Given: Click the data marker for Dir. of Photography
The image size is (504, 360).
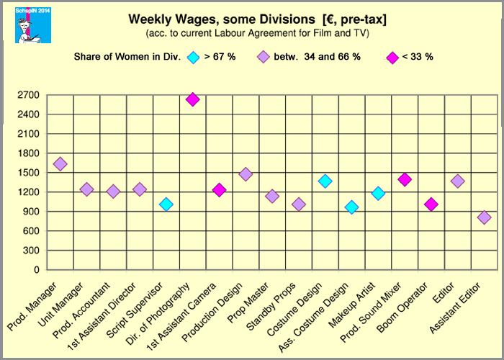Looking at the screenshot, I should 192,99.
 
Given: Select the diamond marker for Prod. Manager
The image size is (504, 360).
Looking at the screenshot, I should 60,164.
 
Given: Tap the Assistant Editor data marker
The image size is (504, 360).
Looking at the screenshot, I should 484,217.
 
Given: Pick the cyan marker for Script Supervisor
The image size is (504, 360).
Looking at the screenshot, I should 166,204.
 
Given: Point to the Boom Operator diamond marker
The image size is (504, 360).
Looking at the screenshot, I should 431,204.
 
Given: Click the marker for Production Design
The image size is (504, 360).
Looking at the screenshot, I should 246,174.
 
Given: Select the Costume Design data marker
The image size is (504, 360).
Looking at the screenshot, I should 325,181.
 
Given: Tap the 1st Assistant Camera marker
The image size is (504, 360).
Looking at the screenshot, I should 219,190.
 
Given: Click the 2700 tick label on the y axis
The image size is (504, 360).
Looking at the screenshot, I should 28,94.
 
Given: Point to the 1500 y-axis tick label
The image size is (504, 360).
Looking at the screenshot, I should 28,173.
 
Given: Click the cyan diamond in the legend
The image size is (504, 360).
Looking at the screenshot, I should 192,57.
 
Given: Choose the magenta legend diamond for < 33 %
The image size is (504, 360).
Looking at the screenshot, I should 392,57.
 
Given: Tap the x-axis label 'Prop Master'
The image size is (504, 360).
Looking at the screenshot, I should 258,296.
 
